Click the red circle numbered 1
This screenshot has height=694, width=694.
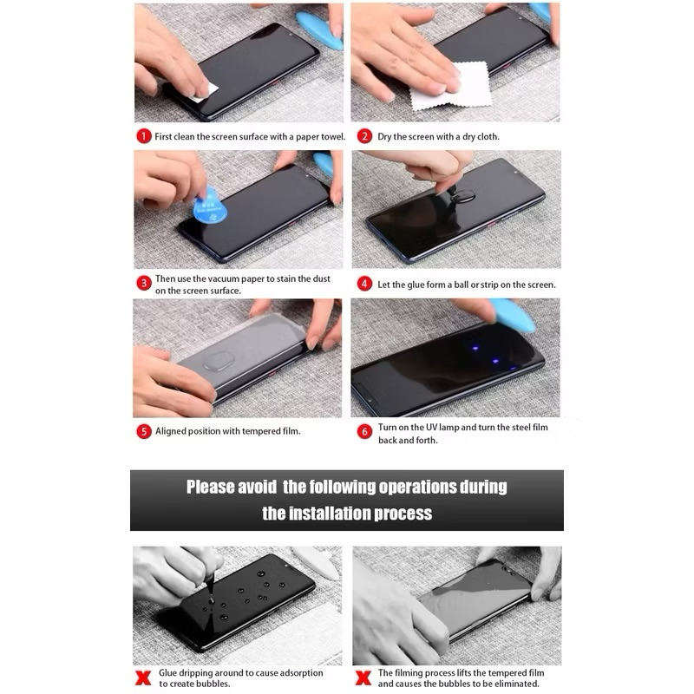pos(143,136)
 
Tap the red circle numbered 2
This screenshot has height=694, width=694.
pos(364,136)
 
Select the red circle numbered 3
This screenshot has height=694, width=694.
pos(143,284)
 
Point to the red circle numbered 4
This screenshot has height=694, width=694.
pos(364,284)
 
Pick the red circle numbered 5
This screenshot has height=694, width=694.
pos(143,431)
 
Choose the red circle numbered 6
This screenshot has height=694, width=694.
pos(364,431)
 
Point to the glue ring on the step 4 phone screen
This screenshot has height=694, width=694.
pos(465,196)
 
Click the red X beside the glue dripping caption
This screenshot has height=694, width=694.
pos(143,678)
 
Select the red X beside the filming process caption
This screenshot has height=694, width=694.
pos(363,678)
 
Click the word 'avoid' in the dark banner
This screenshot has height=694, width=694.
pos(257,487)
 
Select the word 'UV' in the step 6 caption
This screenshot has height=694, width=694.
pos(431,427)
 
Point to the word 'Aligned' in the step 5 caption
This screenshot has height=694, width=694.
pos(170,431)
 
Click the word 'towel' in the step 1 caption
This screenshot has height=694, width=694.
pos(333,136)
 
